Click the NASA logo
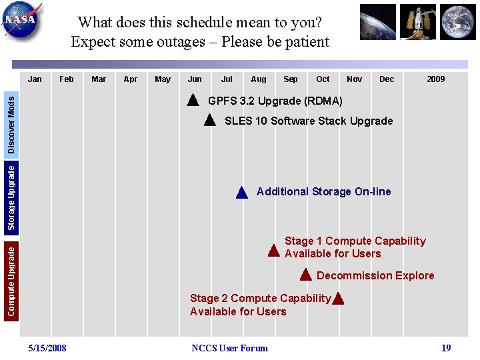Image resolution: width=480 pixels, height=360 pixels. [22, 22]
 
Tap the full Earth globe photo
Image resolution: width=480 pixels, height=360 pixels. [458, 22]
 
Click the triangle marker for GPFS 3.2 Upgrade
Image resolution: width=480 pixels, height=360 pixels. [193, 101]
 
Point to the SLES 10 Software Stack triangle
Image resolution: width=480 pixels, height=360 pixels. [209, 121]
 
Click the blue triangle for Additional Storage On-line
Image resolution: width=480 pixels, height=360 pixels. [242, 193]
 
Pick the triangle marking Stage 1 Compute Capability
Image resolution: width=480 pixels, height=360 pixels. [273, 251]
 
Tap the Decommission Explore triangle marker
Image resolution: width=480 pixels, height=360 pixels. [305, 275]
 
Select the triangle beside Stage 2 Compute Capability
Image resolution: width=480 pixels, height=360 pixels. [338, 299]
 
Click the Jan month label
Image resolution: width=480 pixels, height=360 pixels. [35, 79]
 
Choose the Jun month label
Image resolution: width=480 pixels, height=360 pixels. [195, 79]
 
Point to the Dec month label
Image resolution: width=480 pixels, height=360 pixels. [387, 79]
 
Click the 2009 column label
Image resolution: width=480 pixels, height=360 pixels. [435, 79]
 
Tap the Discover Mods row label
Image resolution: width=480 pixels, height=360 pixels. [11, 123]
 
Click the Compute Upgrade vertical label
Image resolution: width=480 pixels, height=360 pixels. [11, 280]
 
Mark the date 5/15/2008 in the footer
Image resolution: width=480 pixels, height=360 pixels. [47, 348]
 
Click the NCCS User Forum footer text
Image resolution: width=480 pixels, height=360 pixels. [229, 348]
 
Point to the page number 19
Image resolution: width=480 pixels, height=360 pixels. [446, 348]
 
